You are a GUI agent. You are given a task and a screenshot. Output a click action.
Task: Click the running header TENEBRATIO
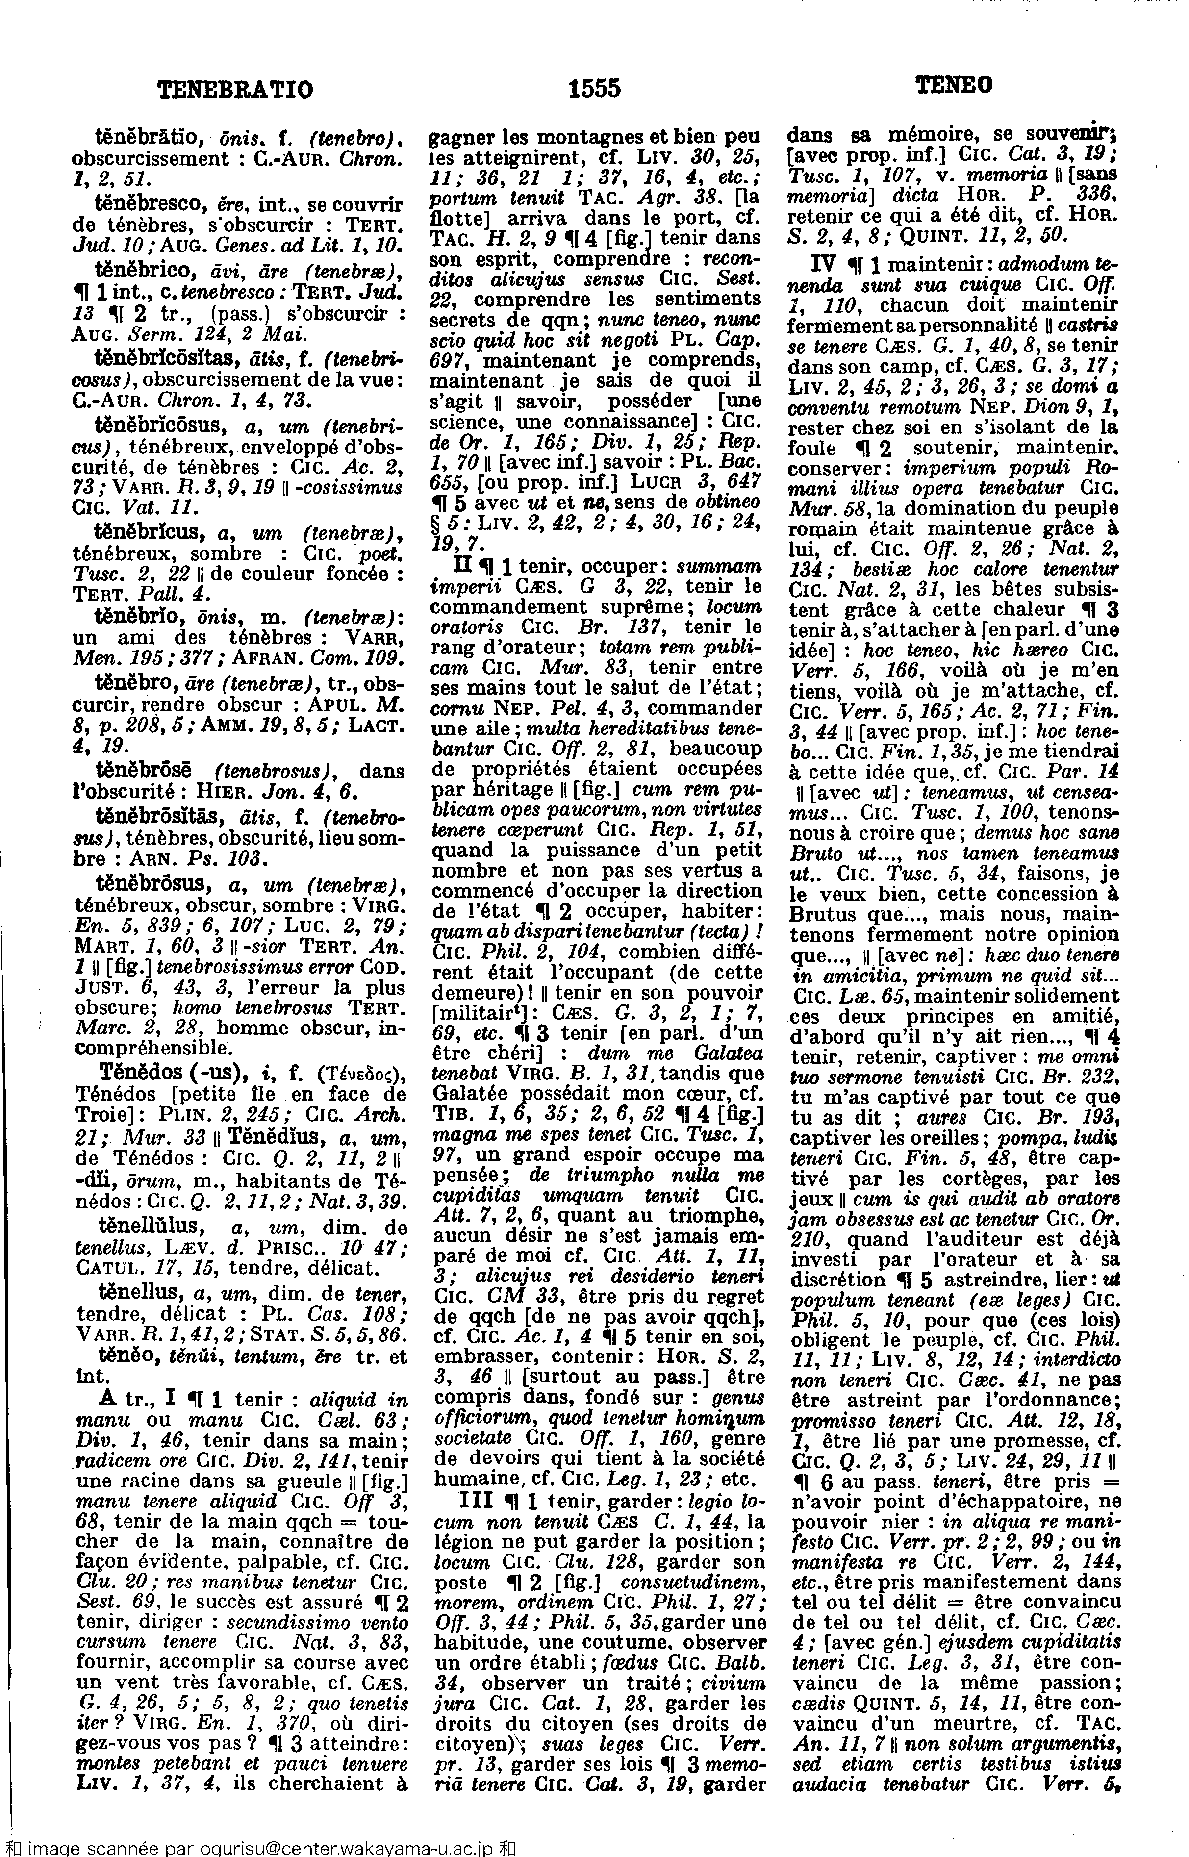point(235,90)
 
